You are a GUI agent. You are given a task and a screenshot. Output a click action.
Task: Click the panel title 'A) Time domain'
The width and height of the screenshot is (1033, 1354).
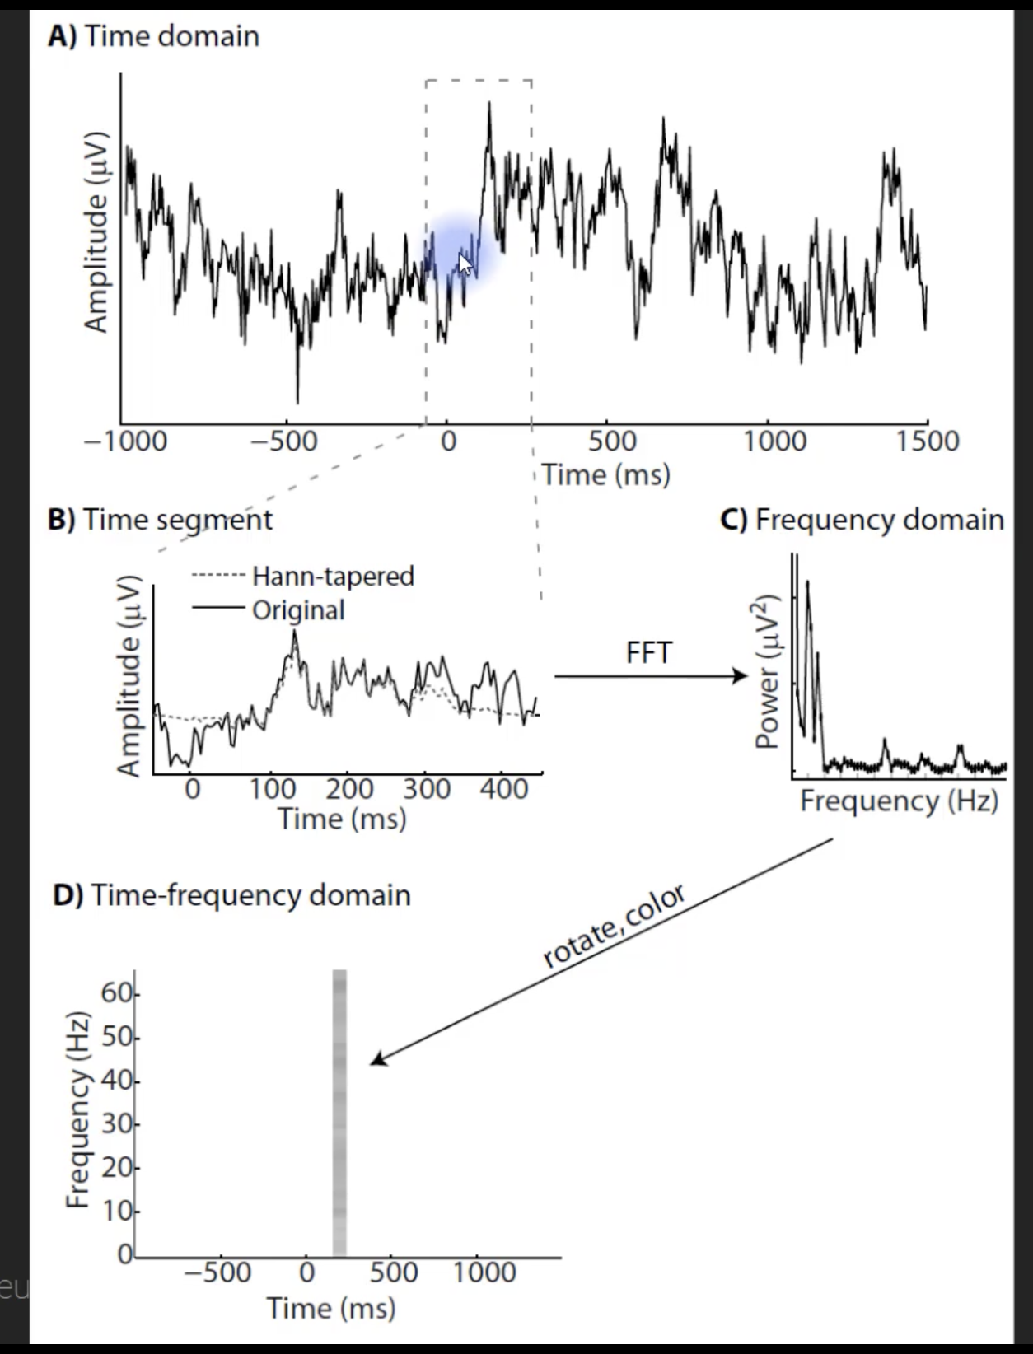click(153, 36)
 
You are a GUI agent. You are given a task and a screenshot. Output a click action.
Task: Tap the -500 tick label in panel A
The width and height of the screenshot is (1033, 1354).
click(284, 441)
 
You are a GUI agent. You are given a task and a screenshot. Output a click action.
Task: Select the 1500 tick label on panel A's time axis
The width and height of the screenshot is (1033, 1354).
click(928, 441)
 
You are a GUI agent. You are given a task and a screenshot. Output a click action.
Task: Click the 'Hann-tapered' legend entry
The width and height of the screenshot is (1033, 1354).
click(333, 576)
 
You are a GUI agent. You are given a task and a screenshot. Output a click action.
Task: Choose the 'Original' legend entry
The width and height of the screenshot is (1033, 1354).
click(298, 610)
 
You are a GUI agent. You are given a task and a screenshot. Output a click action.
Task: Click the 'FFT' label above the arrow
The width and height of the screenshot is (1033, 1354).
click(649, 653)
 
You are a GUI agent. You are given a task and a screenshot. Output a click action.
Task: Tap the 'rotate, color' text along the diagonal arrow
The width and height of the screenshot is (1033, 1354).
click(614, 926)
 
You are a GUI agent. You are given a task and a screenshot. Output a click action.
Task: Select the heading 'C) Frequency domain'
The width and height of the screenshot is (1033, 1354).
click(862, 520)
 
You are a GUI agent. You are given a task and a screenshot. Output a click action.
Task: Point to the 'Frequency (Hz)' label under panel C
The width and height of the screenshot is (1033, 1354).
click(899, 801)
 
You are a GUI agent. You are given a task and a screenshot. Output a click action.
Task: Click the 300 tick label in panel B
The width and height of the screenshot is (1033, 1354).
click(427, 789)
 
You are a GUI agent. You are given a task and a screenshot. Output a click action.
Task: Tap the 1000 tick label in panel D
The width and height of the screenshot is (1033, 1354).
click(484, 1272)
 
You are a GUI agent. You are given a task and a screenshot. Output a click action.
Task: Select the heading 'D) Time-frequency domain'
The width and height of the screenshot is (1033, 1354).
click(231, 895)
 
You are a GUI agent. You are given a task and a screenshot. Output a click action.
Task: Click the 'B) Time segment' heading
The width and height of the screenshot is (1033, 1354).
click(160, 520)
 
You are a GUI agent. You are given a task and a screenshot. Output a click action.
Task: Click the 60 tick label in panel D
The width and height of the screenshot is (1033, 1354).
click(117, 994)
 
